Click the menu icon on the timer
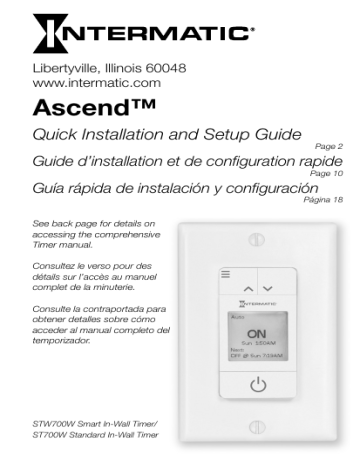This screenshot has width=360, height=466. click(226, 272)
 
